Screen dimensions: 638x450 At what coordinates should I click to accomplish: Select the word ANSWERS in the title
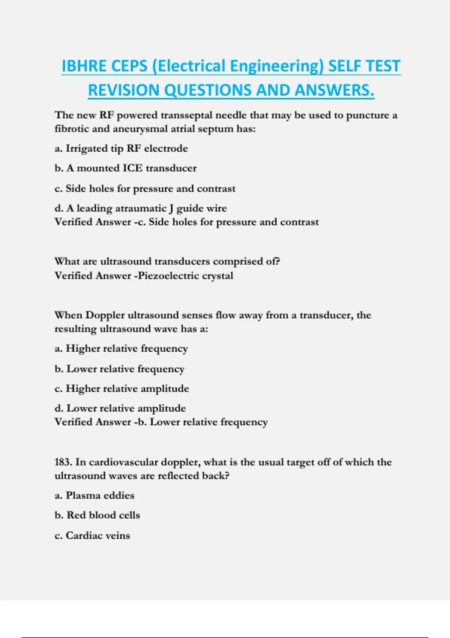[x=334, y=90]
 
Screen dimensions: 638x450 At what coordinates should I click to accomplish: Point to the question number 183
[x=63, y=462]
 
